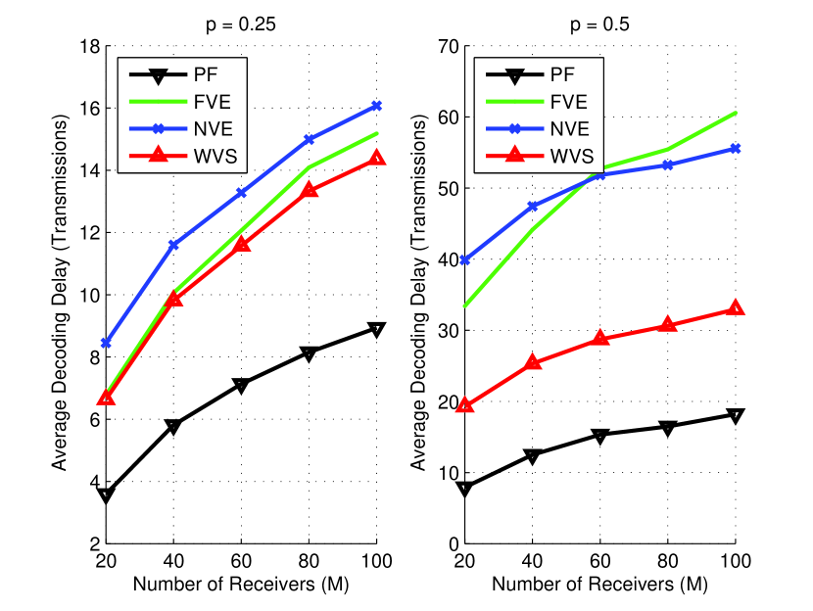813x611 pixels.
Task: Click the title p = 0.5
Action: click(x=600, y=26)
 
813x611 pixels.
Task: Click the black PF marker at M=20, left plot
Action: click(x=106, y=495)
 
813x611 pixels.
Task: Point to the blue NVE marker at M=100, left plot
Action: click(x=376, y=106)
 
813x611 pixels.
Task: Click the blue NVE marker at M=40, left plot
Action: click(x=173, y=245)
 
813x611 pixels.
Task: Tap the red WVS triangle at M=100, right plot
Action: click(x=736, y=308)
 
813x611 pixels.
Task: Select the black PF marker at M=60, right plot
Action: click(x=600, y=435)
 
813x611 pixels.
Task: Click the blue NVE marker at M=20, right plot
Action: click(x=465, y=260)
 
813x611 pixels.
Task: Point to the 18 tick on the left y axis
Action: click(x=83, y=46)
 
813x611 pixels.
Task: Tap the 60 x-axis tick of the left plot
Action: click(x=241, y=562)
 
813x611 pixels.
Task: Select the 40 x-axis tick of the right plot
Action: click(x=533, y=562)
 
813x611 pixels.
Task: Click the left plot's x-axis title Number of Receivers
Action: click(x=241, y=585)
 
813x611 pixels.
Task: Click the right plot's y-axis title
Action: click(x=418, y=294)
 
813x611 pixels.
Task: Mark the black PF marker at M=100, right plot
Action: click(x=736, y=415)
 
